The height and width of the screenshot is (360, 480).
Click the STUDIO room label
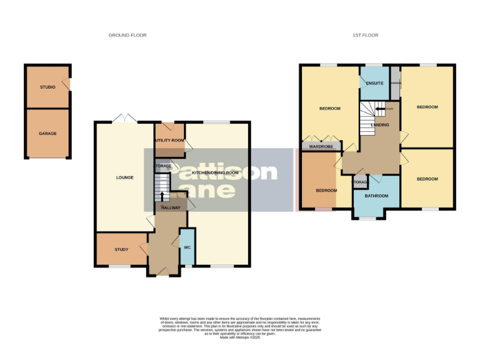[x=47, y=87]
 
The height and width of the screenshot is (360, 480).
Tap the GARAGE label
[x=47, y=133]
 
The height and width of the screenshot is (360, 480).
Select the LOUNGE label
[x=124, y=177]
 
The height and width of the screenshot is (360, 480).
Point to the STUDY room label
[x=121, y=249]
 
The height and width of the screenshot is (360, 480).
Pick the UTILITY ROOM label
[x=170, y=141]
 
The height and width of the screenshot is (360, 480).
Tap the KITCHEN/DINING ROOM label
[x=216, y=172]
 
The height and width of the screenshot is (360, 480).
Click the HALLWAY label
[x=171, y=207]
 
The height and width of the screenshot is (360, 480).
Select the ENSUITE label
[x=374, y=82]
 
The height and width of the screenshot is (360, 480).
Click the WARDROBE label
[x=321, y=147]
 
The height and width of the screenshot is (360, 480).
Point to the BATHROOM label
[x=377, y=196]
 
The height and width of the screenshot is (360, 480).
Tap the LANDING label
[x=380, y=125]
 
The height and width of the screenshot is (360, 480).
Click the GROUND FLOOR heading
[x=127, y=35]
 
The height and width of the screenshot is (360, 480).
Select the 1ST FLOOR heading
[x=365, y=35]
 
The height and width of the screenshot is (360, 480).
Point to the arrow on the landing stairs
[x=379, y=109]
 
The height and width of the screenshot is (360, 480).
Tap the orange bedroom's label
[x=326, y=190]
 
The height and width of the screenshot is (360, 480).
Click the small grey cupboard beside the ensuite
[x=395, y=82]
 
